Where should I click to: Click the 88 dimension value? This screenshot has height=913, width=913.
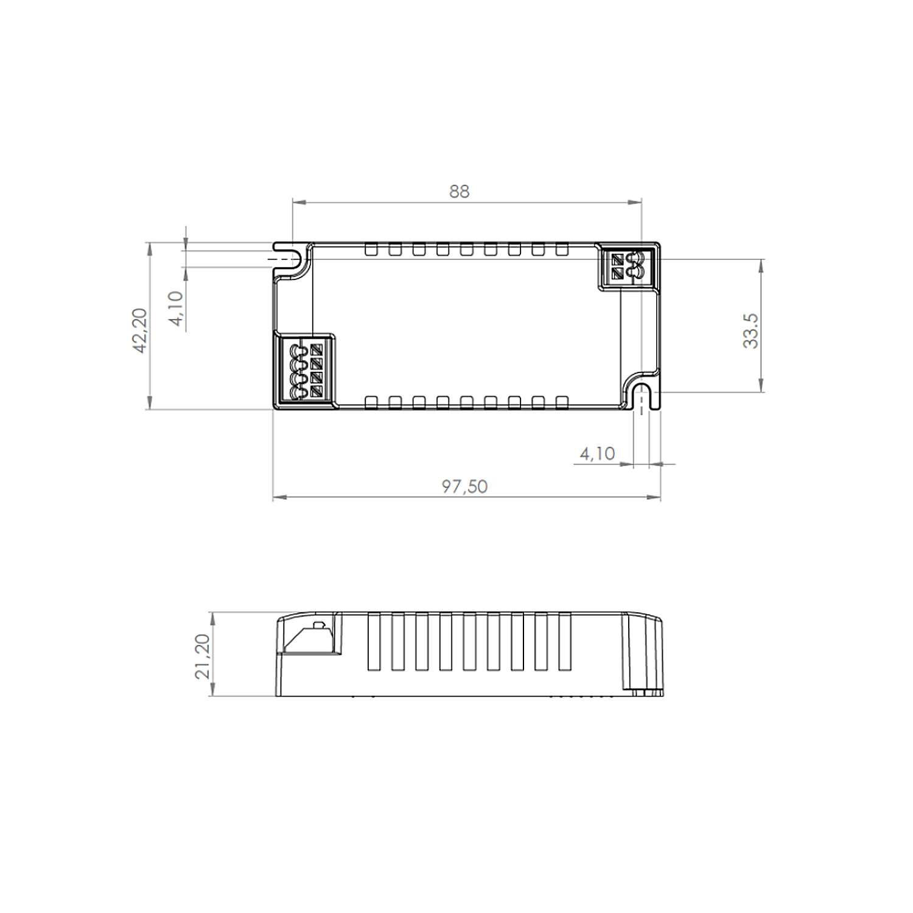click(460, 191)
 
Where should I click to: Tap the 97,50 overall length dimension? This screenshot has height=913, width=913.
click(464, 486)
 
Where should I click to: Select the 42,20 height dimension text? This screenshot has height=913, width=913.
click(140, 331)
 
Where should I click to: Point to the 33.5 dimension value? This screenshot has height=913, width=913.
click(750, 331)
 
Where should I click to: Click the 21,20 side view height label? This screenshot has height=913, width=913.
click(202, 656)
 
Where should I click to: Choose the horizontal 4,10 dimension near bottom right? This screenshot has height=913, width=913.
click(597, 453)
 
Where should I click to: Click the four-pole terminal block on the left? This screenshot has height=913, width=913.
click(304, 371)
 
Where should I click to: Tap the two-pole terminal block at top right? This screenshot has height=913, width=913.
click(627, 267)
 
